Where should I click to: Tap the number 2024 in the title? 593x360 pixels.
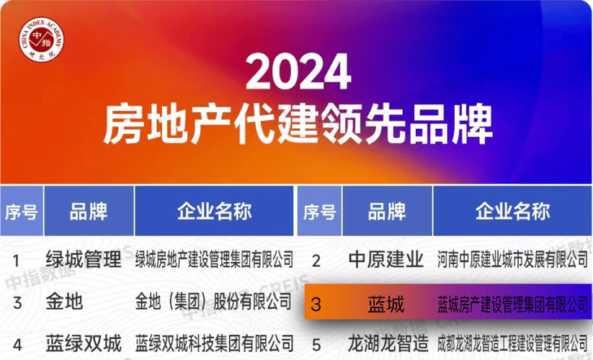pos(298,73)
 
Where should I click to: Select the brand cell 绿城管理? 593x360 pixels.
pos(84,260)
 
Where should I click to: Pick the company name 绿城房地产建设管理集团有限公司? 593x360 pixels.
pos(215,260)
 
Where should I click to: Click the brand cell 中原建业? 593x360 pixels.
pos(385,259)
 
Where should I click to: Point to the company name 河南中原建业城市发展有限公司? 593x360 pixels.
pos(512,259)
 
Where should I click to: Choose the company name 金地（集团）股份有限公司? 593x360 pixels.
pos(214,302)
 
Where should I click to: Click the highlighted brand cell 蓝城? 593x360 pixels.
pos(385,303)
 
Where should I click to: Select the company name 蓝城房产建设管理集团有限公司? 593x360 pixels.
pos(512,303)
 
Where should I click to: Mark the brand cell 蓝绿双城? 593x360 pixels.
pos(84,343)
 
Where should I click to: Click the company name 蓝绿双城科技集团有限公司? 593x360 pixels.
pos(215,343)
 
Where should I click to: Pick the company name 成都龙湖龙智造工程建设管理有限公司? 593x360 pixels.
pos(512,343)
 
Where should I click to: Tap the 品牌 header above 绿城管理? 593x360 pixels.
pos(89,212)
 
